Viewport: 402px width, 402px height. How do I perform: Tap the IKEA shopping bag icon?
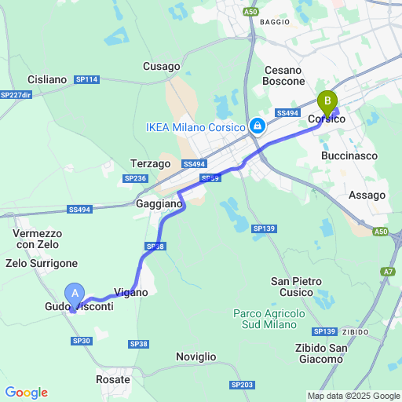pyautogui.click(x=257, y=126)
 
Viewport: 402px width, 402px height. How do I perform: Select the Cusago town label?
pyautogui.click(x=162, y=67)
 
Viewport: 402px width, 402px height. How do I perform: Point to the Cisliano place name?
pyautogui.click(x=47, y=79)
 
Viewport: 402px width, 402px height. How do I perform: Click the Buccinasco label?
pyautogui.click(x=349, y=155)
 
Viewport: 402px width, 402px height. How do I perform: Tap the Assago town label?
pyautogui.click(x=367, y=195)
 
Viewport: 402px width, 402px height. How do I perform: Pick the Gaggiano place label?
pyautogui.click(x=159, y=203)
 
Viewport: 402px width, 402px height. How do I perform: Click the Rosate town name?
pyautogui.click(x=113, y=379)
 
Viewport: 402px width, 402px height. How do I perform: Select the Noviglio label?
pyautogui.click(x=196, y=356)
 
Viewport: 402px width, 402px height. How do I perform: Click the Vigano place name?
pyautogui.click(x=131, y=292)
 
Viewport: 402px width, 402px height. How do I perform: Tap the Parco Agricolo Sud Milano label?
pyautogui.click(x=269, y=319)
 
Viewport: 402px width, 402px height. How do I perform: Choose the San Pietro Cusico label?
pyautogui.click(x=298, y=287)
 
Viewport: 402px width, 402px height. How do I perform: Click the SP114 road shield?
pyautogui.click(x=86, y=79)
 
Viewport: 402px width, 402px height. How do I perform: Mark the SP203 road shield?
pyautogui.click(x=242, y=385)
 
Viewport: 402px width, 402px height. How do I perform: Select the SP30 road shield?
pyautogui.click(x=82, y=340)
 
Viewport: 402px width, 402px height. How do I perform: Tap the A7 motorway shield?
pyautogui.click(x=389, y=272)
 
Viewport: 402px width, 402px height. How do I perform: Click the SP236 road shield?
pyautogui.click(x=135, y=179)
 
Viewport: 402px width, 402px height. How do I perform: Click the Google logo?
pyautogui.click(x=26, y=393)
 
